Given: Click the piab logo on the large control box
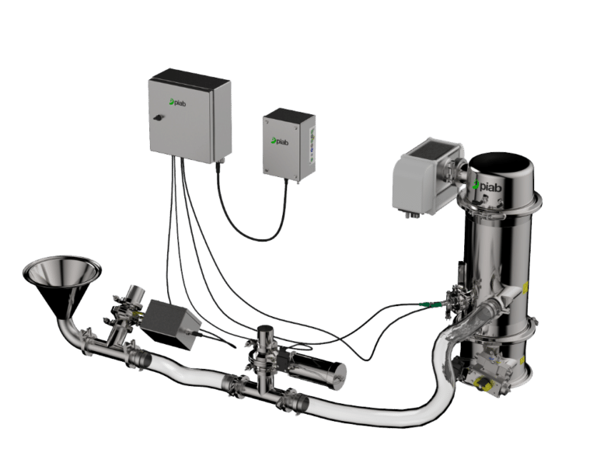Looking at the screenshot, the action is pos(178,102).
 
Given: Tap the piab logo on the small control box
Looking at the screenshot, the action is pos(280,141).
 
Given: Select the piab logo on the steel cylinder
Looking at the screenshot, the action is pos(487,186).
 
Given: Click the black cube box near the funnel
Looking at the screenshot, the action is pos(170,324).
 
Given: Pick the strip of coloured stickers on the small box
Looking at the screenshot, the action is pos(312,144).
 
